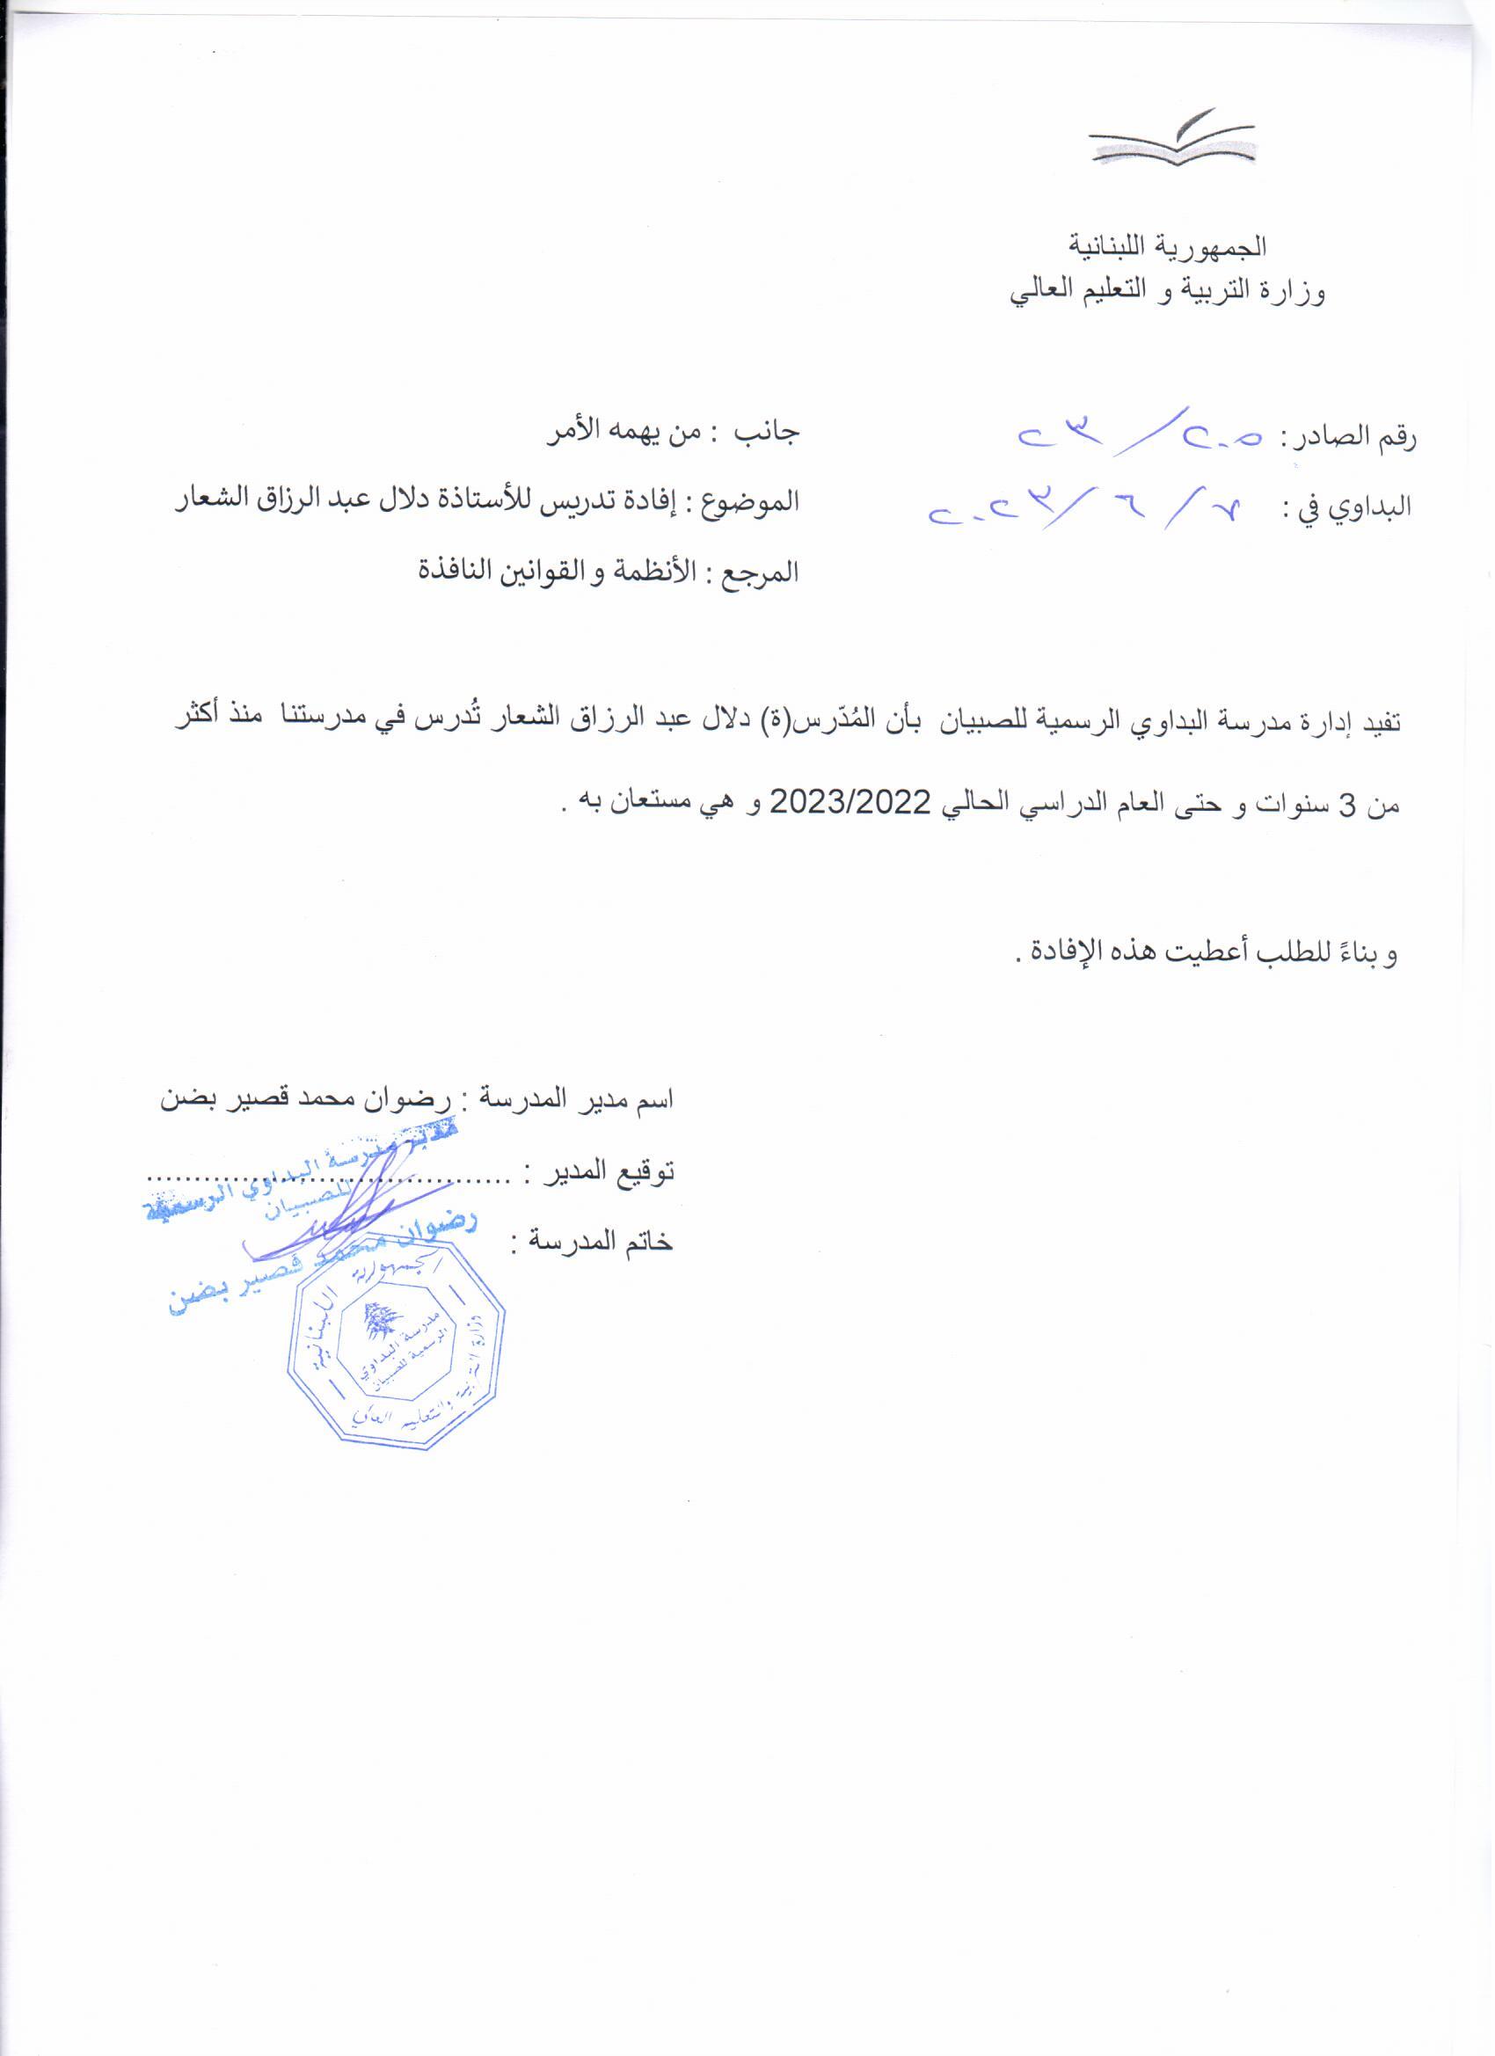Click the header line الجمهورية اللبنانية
click(1169, 245)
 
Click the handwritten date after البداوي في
click(1088, 506)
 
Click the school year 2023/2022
click(851, 802)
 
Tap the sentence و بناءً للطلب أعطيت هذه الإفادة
click(1206, 952)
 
